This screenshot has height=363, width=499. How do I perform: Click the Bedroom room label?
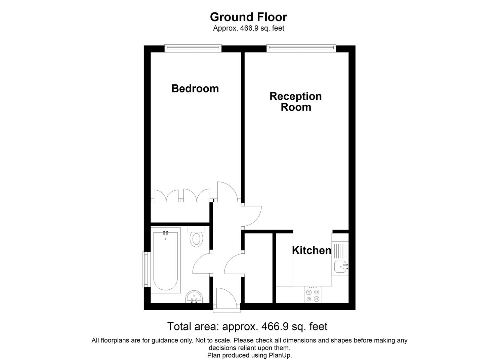195,88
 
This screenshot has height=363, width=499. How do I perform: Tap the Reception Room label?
296,102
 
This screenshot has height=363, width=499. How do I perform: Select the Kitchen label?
311,250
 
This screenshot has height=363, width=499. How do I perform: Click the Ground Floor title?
248,17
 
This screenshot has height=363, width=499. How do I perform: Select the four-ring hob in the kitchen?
313,295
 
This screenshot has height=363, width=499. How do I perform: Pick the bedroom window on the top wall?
193,48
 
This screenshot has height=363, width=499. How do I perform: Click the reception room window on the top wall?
301,48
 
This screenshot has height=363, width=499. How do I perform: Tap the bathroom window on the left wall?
146,269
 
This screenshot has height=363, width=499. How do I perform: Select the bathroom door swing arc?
202,264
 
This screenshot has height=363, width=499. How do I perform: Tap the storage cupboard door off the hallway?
234,264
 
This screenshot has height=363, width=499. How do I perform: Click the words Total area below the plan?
194,326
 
